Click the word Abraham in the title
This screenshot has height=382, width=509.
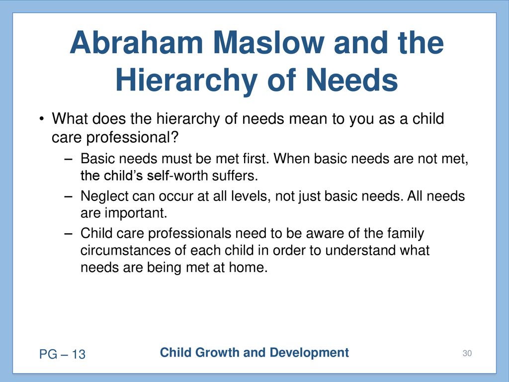(136, 43)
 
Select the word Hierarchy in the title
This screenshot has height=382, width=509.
(186, 81)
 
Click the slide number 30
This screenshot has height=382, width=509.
(467, 354)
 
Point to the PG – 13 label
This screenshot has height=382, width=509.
(62, 354)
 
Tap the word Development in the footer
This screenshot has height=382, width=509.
(309, 353)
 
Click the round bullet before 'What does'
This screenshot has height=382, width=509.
(41, 118)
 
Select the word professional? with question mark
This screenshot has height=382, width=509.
(132, 137)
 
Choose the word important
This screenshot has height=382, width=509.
(136, 213)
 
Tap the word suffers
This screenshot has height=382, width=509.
(235, 176)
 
